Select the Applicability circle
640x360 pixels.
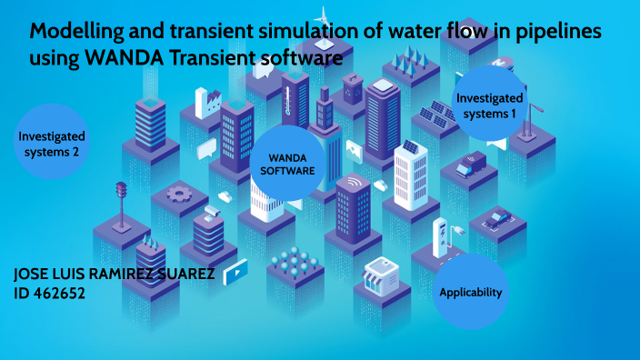pyautogui.click(x=470, y=292)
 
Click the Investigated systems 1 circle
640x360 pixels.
pyautogui.click(x=490, y=105)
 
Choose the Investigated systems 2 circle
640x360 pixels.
pyautogui.click(x=52, y=144)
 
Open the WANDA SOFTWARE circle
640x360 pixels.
pyautogui.click(x=287, y=163)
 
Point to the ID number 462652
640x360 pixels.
pyautogui.click(x=61, y=293)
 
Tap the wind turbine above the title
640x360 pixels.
pyautogui.click(x=321, y=14)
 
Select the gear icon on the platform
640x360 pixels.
pyautogui.click(x=174, y=193)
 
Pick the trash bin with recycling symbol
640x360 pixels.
pyautogui.click(x=354, y=92)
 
